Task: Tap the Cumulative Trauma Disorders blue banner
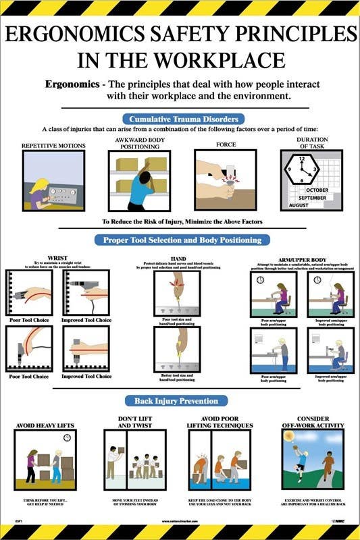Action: [x=179, y=119]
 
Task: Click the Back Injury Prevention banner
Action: [x=179, y=401]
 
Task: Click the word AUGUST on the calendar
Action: [x=299, y=205]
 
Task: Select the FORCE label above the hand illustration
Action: [x=226, y=144]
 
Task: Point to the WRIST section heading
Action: [x=57, y=256]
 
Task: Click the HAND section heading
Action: [x=178, y=256]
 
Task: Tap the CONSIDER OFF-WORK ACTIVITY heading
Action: [x=312, y=422]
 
